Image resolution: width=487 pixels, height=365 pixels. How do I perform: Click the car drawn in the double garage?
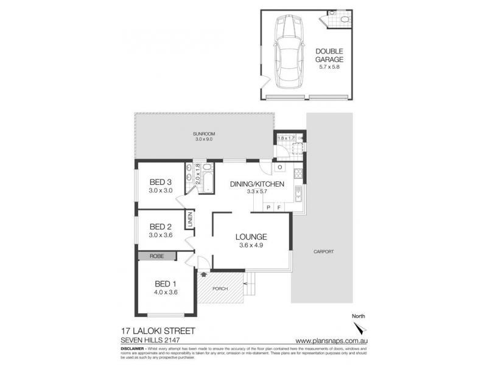[x=289, y=52]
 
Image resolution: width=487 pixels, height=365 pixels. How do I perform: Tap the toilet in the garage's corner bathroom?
[x=344, y=20]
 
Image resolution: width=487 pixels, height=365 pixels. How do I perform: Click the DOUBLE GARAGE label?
[x=330, y=56]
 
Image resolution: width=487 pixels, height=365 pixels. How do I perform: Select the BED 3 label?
[x=161, y=182]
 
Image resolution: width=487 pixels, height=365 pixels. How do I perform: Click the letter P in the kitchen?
[x=268, y=207]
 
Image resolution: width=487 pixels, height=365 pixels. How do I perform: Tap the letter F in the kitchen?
[x=278, y=207]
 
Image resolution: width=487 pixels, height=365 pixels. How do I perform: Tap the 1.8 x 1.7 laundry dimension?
[x=286, y=139]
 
